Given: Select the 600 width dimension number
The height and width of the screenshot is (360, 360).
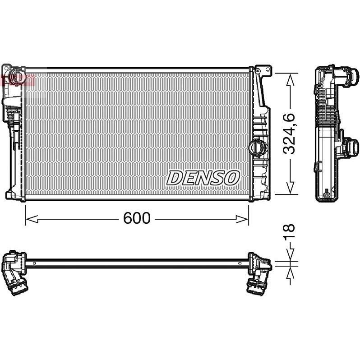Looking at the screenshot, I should click(136, 218).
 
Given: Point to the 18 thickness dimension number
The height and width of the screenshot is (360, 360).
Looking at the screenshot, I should click(290, 231).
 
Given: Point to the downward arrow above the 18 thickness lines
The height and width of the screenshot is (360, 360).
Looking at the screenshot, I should click(290, 255).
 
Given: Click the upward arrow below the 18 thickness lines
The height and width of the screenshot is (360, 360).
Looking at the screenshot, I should click(290, 269).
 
